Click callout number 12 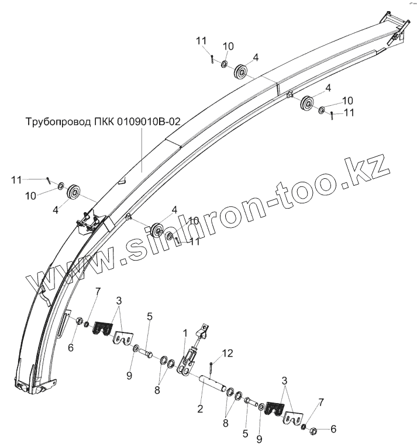coord(227,353)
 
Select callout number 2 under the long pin coord(200,409)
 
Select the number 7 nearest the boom coord(98,292)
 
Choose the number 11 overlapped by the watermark coord(194,241)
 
